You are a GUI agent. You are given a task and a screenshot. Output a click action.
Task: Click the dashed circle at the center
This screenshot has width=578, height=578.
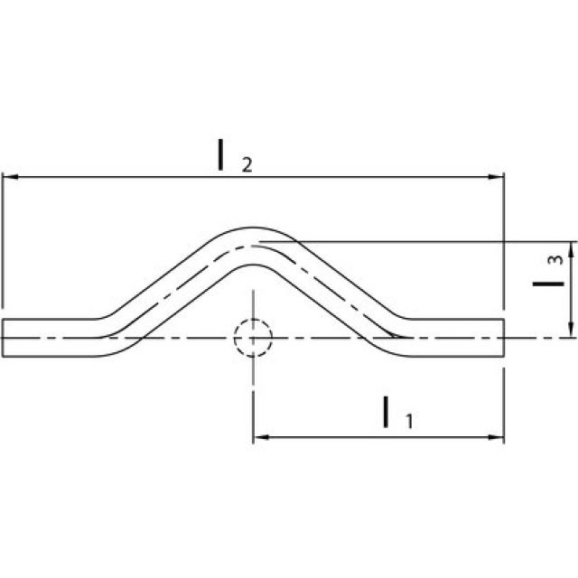pos(253,338)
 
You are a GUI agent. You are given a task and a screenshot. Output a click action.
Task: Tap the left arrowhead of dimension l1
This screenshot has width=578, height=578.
pos(259,437)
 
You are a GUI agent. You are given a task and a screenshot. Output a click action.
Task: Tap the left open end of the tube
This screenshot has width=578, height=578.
pos(4,338)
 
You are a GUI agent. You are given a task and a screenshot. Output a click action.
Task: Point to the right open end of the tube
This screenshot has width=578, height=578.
pos(502,338)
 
